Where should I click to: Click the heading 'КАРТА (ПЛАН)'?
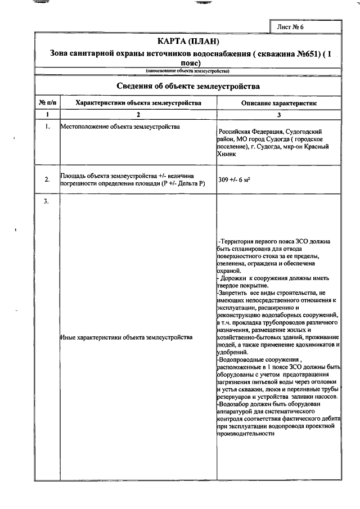tap(188, 42)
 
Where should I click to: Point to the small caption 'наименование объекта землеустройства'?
tap(188, 71)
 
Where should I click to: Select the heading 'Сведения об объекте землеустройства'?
tap(188, 87)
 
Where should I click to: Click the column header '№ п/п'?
tap(47, 103)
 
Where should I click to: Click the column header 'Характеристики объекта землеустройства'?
tap(138, 103)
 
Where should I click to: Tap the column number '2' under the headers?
tap(138, 115)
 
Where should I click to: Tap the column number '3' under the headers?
tap(279, 115)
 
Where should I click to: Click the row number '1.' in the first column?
tap(47, 127)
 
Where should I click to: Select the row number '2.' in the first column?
tap(47, 180)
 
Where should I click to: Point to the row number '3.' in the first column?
tap(47, 202)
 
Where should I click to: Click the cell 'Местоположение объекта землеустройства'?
tap(120, 127)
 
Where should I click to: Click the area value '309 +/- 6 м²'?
tap(233, 179)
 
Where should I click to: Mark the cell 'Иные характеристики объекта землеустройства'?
tap(125, 337)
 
